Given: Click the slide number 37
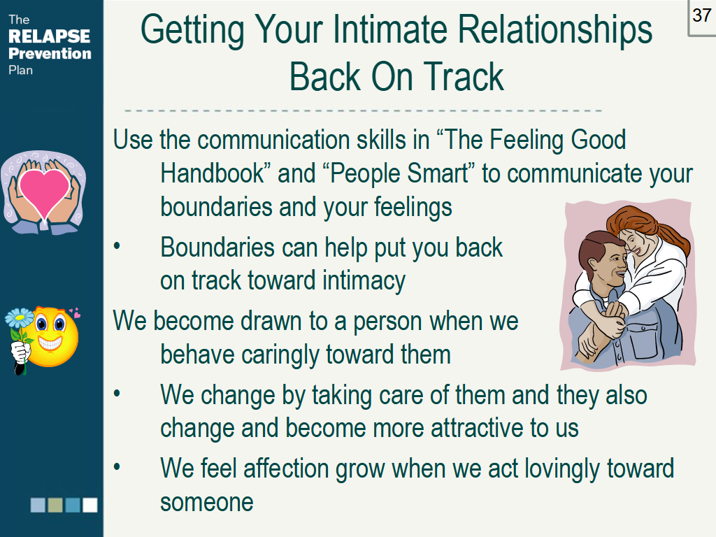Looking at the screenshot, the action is [x=701, y=15].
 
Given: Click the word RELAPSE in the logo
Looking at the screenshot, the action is [x=50, y=36].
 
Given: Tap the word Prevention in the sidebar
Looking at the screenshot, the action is [x=50, y=53].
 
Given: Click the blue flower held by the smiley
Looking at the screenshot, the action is [x=19, y=317].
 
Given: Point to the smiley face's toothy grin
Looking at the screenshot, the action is [x=50, y=342].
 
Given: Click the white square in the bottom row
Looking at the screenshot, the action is [x=90, y=505].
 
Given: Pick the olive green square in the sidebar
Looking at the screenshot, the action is [x=55, y=505].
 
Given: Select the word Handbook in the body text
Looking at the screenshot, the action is [x=213, y=173].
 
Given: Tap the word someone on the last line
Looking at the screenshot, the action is [x=206, y=502].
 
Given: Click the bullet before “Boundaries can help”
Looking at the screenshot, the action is [x=117, y=246].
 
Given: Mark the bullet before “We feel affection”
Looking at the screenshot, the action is [x=117, y=466].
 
